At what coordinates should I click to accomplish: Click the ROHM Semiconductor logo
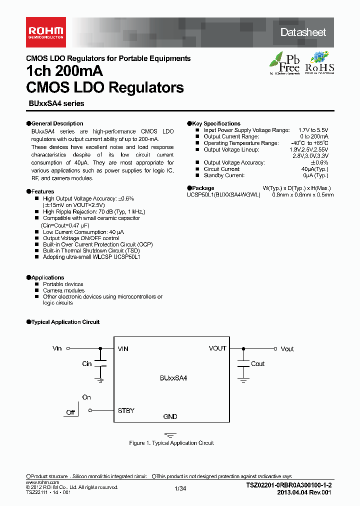pos(44,32)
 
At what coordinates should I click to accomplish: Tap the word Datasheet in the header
pos(303,32)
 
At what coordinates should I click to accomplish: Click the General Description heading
pos(57,123)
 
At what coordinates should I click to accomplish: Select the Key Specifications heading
pos(216,123)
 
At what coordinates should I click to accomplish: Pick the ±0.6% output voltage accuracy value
pos(319,162)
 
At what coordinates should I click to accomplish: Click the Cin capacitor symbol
pos(100,363)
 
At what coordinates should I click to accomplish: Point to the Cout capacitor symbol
pos(243,363)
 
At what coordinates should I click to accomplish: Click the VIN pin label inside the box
pos(122,348)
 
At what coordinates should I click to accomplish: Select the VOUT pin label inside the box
pos(217,348)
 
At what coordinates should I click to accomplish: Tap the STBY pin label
pos(126,410)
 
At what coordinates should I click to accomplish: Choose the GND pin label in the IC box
pos(170,416)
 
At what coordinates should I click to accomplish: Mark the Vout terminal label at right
pos(287,349)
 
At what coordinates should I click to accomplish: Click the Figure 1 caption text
pos(171,443)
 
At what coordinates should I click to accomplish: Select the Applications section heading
pos(47,277)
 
